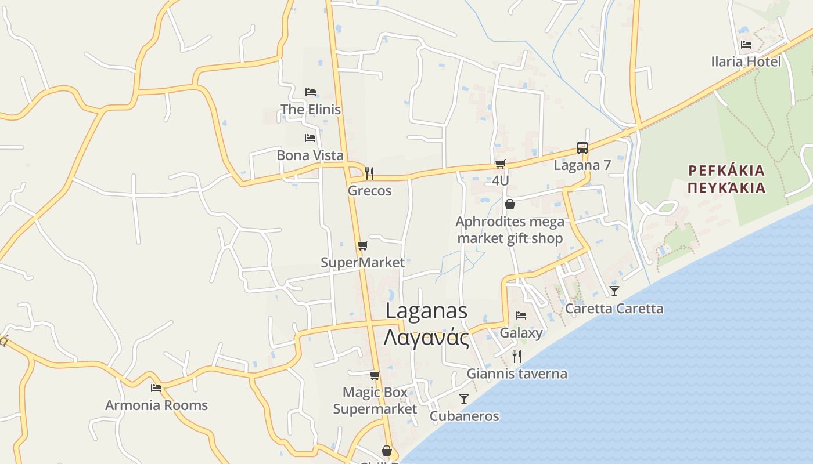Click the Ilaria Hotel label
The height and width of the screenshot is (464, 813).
pos(746,61)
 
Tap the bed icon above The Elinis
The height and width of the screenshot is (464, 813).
pos(311,92)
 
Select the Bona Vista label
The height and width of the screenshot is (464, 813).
pos(310,155)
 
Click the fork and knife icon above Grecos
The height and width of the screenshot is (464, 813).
pos(369,173)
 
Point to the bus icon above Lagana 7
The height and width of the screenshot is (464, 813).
pos(582,147)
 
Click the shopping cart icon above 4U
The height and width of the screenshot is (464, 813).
pos(500,164)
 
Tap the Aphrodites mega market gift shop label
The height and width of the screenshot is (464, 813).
pos(510,230)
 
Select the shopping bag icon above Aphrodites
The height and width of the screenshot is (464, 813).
pos(510,204)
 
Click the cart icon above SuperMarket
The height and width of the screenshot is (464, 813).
pos(363,246)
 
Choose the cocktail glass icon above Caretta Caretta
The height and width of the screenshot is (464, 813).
pos(614,291)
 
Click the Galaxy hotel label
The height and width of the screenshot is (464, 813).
pos(521,333)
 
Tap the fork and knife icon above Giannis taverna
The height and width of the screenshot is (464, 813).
pos(516,356)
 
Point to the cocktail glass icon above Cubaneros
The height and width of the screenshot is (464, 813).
pos(464,398)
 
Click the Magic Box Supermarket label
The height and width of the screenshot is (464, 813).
pos(375,401)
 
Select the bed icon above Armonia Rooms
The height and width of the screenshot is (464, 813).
pos(156,387)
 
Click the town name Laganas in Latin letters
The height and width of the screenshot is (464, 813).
pos(426,311)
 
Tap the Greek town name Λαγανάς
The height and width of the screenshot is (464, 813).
pos(426,338)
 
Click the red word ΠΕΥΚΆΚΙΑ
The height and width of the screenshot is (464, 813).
pos(726,188)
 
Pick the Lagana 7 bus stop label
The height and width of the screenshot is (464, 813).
pos(582,165)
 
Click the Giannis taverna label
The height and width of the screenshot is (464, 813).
pos(517,374)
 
